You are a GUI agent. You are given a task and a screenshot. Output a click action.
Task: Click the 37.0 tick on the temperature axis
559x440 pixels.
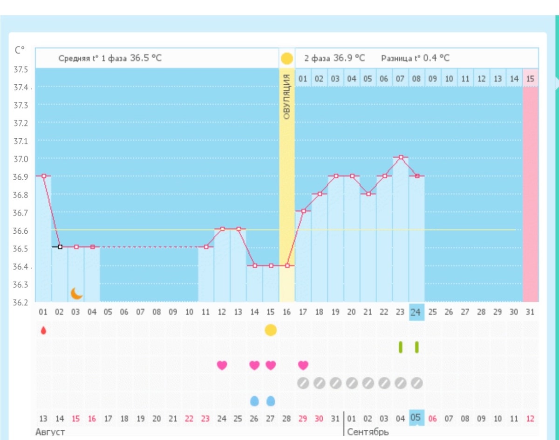coord(20,159)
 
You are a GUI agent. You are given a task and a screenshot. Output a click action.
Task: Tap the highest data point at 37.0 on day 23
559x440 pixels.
coord(401,157)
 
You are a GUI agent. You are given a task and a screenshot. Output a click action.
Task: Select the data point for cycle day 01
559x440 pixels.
coord(44,176)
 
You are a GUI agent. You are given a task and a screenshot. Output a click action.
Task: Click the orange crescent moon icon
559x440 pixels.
coord(76,293)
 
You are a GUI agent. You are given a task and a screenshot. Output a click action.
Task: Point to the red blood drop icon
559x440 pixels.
coord(43,331)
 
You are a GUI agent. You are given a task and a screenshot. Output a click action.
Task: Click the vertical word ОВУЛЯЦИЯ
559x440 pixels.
coord(286,97)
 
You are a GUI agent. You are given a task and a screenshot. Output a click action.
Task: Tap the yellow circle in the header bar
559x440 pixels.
coord(287,58)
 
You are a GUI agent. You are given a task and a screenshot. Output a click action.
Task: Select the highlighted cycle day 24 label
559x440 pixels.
coord(416,311)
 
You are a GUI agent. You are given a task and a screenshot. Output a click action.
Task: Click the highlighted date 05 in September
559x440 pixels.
coord(416,418)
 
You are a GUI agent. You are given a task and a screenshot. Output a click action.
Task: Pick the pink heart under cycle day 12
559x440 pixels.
coord(222,365)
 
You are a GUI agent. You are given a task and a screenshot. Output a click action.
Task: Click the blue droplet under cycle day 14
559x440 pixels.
coord(254,401)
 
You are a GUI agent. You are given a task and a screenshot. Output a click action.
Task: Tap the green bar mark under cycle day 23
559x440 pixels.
coord(401,347)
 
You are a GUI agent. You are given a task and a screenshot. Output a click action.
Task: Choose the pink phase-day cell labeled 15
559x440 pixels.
coord(530,79)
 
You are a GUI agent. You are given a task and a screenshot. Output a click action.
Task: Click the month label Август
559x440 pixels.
coord(50,432)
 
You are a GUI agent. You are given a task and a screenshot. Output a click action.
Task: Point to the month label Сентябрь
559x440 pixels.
coord(368,433)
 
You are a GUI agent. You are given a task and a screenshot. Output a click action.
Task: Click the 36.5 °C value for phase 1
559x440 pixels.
coord(146,58)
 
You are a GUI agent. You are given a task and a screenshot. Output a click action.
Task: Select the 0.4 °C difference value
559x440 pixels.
coord(436,58)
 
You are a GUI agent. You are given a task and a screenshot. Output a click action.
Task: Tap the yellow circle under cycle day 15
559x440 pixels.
coord(270,330)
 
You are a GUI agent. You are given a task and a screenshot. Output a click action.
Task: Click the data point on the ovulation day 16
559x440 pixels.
coord(287,265)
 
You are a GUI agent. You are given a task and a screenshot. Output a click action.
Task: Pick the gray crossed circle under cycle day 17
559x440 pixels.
coord(303,383)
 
